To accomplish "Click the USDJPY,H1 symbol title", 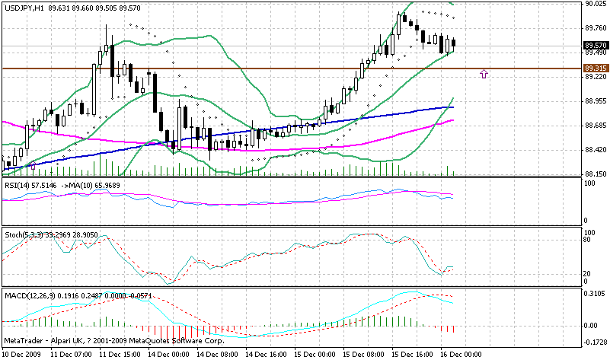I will pos(23,8).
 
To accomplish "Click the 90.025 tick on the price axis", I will pos(596,5).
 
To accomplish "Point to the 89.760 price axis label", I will pos(596,28).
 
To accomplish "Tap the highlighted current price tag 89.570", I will pos(595,45).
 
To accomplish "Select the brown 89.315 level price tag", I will pos(595,68).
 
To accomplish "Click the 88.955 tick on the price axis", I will pos(596,101).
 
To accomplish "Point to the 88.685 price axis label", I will pos(596,125).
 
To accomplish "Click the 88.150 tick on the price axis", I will pos(596,174).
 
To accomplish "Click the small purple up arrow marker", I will pos(484,74).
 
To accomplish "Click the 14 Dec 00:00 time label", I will pos(168,355).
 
